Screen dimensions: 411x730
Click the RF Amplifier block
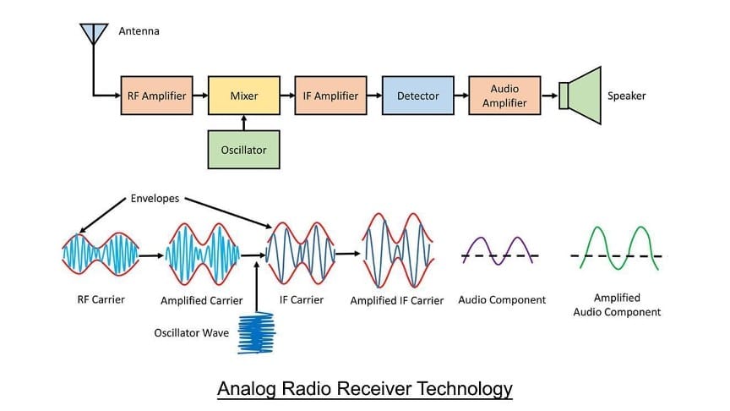[x=157, y=96]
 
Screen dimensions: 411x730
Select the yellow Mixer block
[x=244, y=96]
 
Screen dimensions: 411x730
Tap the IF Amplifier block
[x=331, y=96]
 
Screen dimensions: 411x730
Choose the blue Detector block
[x=418, y=96]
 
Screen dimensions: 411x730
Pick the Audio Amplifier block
[x=509, y=96]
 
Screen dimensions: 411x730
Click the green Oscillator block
[x=244, y=150]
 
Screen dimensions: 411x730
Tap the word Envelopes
[x=155, y=200]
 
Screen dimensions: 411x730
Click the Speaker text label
[x=626, y=96]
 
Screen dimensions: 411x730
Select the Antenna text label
[x=139, y=31]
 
